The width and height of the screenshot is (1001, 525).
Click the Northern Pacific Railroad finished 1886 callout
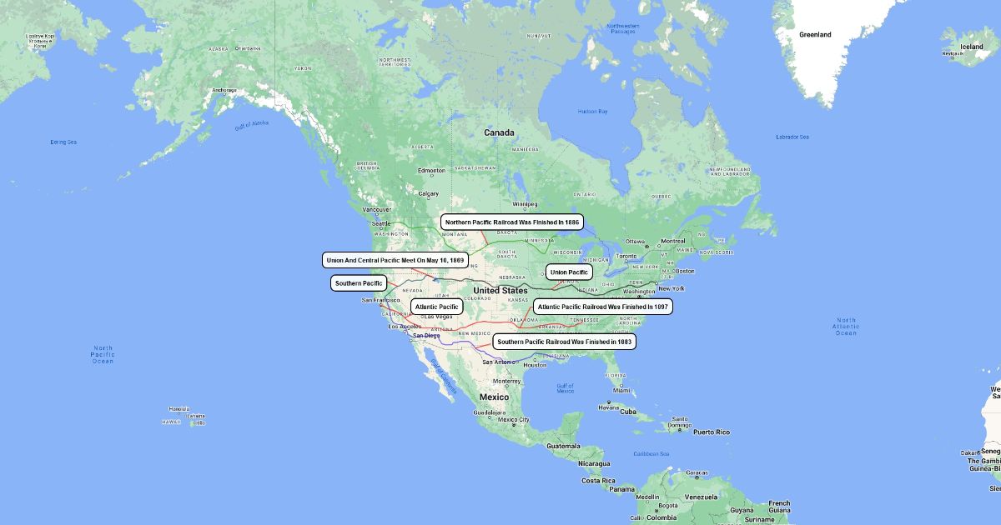pos(512,222)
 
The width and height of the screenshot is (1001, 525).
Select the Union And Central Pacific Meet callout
pos(395,260)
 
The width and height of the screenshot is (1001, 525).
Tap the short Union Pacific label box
pos(570,272)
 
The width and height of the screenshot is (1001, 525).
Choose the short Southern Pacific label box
pos(359,283)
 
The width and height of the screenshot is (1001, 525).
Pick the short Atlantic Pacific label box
pos(436,307)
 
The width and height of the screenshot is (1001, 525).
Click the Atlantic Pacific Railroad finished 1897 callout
pos(603,307)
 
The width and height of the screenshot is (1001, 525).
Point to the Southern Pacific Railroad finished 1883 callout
pos(565,342)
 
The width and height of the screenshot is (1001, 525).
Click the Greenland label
pos(815,35)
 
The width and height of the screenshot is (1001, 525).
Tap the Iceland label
pos(972,47)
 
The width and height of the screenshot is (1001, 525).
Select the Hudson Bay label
pos(592,112)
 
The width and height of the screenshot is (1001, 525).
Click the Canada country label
pos(500,132)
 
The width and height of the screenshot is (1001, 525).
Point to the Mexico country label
pos(493,397)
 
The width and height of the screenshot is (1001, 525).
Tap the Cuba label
pos(628,412)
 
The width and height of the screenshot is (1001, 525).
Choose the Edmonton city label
pos(432,171)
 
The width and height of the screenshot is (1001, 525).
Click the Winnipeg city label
pos(525,203)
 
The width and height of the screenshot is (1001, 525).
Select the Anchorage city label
pos(224,90)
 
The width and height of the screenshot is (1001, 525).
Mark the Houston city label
pos(535,365)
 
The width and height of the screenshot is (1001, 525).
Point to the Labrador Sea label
pos(792,137)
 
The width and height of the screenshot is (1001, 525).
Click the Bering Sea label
pos(63,142)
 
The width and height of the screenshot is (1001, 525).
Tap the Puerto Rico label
pos(711,432)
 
